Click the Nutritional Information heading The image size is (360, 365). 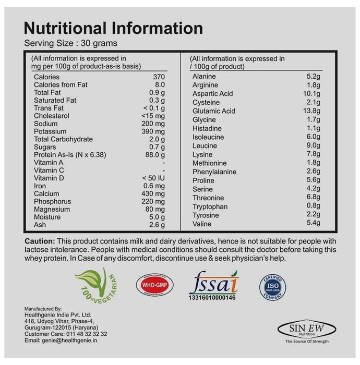[114, 28]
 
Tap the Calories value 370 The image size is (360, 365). [158, 77]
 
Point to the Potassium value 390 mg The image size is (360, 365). [153, 132]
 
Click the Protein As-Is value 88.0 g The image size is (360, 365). [153, 155]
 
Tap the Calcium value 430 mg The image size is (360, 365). [153, 194]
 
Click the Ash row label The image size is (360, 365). [40, 225]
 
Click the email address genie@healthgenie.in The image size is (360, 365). [76, 340]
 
